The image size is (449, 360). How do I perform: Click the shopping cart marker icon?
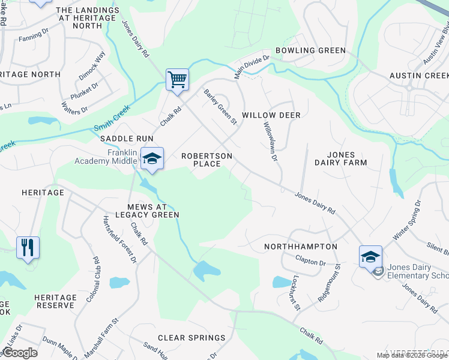tap(177, 79)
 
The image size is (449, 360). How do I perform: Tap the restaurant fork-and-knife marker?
tap(28, 247)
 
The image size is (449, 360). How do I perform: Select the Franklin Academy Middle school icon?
tap(152, 159)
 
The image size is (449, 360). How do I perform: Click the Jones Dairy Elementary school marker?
tap(370, 256)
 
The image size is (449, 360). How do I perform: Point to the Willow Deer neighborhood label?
tap(271, 115)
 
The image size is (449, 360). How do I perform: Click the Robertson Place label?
tap(207, 160)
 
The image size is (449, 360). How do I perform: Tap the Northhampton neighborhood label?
tap(301, 247)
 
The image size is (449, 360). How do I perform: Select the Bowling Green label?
tap(311, 50)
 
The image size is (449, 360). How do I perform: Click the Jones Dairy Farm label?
tap(340, 158)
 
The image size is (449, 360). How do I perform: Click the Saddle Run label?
tap(127, 138)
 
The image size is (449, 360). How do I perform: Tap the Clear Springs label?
tap(191, 338)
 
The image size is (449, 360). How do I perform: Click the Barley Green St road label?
tap(221, 107)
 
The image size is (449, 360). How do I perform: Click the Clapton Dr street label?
tap(310, 262)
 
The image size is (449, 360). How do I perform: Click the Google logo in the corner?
tap(19, 353)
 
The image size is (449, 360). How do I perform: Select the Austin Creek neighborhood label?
tap(419, 76)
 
